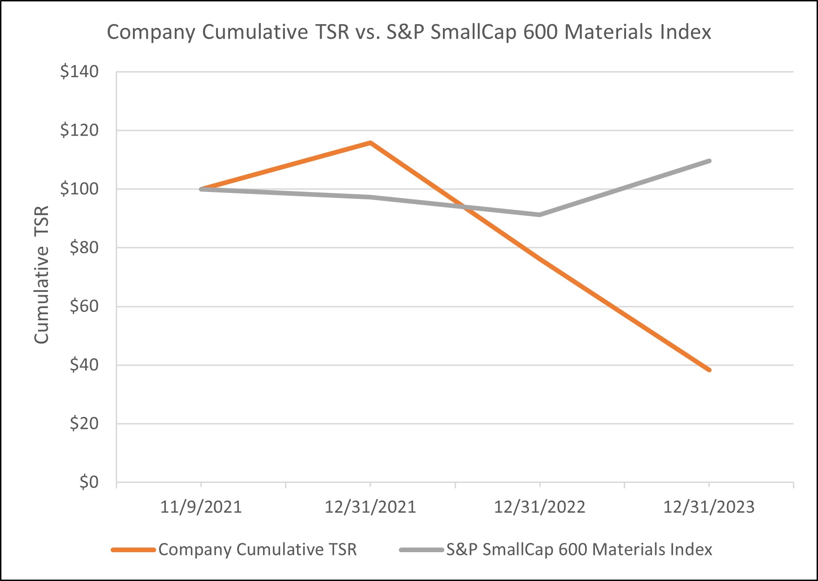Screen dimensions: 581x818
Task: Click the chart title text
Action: (x=409, y=33)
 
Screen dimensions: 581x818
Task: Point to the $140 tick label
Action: (x=79, y=72)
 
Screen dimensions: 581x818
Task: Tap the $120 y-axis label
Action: (x=79, y=130)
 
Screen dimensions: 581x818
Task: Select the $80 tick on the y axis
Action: (x=84, y=248)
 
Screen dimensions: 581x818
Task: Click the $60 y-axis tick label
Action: (x=84, y=306)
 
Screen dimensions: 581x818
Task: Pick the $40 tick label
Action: (x=84, y=365)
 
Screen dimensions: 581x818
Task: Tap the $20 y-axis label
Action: (x=84, y=423)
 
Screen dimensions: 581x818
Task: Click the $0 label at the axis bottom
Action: (x=89, y=482)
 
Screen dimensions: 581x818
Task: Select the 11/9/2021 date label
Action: (x=201, y=507)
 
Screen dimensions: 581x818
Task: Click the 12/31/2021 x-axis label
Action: (x=370, y=507)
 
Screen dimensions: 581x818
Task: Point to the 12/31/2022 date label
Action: (x=539, y=507)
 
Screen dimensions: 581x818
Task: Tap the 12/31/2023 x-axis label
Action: (x=708, y=507)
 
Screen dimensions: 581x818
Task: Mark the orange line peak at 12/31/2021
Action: (x=370, y=143)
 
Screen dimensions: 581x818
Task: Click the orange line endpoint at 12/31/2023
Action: (x=709, y=370)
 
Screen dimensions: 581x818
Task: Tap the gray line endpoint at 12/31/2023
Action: (x=709, y=161)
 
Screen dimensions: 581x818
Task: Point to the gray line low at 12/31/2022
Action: (x=539, y=215)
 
